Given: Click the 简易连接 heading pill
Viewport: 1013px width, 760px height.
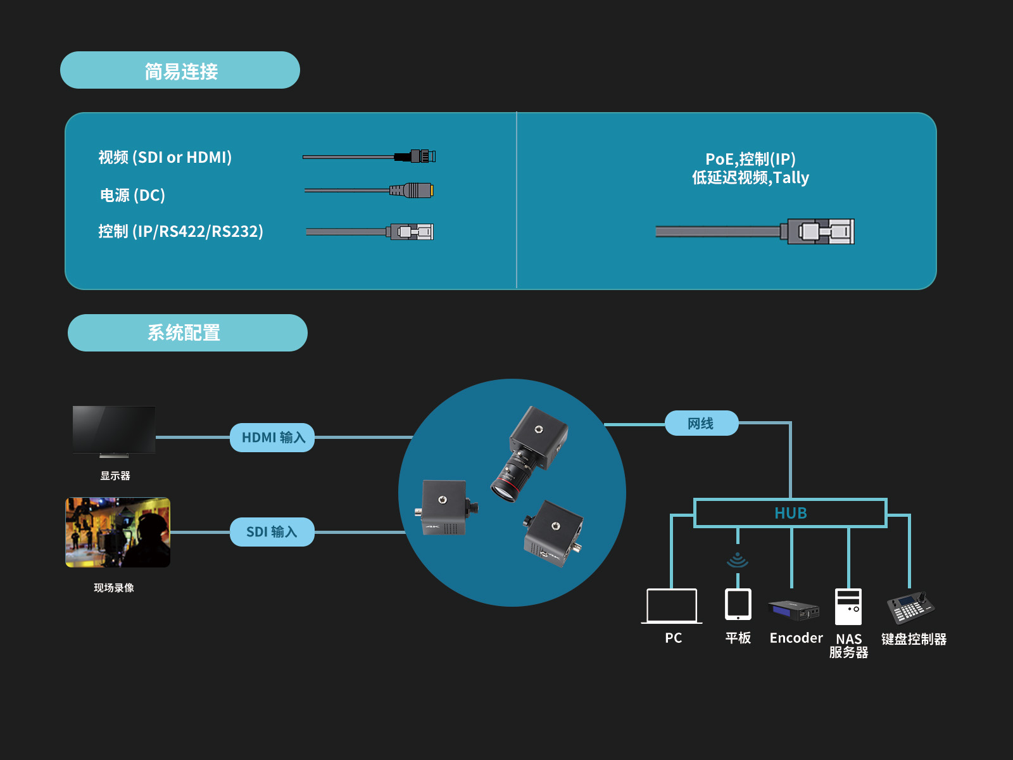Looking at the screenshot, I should [180, 70].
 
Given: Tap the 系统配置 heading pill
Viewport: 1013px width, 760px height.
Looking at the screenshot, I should [187, 333].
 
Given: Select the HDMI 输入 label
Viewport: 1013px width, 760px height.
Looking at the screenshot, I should [272, 438].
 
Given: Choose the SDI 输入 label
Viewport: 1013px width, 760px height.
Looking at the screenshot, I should [272, 532].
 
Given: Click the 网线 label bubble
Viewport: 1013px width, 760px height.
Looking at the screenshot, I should [702, 423].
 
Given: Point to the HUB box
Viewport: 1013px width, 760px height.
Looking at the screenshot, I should [790, 513].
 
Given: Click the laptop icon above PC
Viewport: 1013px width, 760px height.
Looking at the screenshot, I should [672, 606].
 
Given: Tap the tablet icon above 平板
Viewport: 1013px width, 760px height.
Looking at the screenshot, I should [738, 604].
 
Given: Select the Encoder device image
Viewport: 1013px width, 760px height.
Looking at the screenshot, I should [794, 610].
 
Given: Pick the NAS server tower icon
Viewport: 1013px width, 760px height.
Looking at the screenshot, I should [848, 606].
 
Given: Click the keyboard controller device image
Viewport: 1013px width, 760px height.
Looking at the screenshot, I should [911, 607].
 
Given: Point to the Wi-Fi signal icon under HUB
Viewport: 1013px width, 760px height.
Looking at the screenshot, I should [738, 560].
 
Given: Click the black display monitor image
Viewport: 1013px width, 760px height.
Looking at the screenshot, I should [114, 430].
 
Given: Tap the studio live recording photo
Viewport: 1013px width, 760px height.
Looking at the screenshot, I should [118, 532].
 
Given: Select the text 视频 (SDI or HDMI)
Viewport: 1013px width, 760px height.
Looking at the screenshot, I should [165, 157].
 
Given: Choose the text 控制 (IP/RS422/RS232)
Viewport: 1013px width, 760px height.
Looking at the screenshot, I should [180, 232].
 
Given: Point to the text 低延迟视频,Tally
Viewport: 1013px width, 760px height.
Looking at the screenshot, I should [750, 178].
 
